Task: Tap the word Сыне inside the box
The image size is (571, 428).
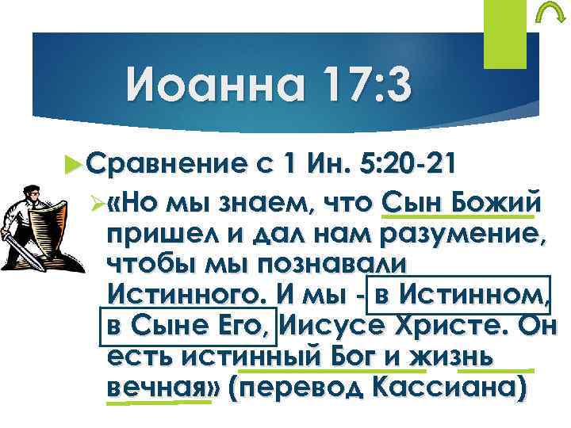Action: [165, 326]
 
